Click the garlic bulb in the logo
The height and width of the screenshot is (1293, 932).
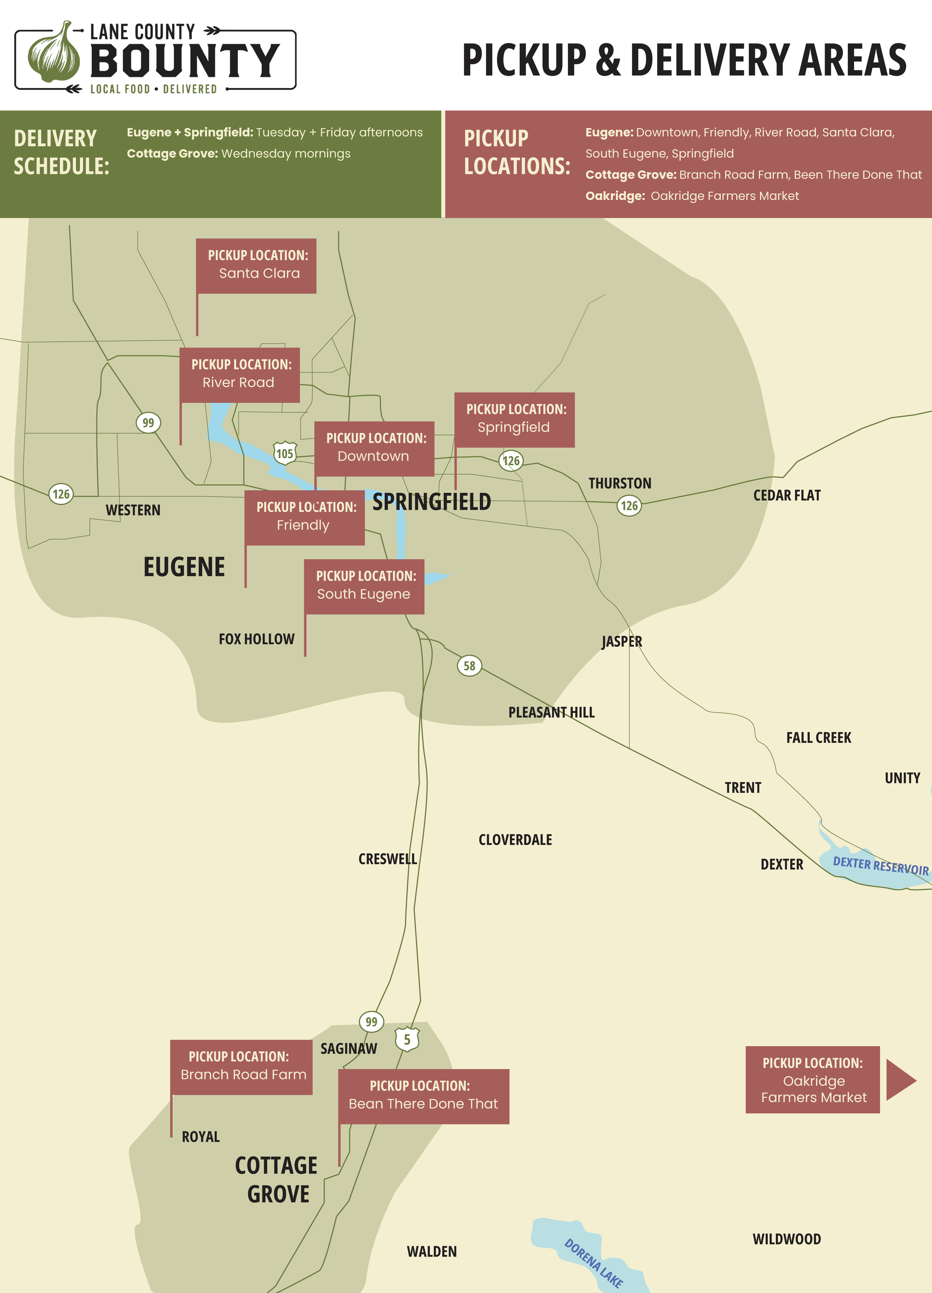(x=54, y=54)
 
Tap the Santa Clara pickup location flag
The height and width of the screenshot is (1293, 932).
(x=256, y=266)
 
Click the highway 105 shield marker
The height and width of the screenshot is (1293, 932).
(x=285, y=453)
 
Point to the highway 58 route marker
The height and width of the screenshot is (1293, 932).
(x=469, y=665)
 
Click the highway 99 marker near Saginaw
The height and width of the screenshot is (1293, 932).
(x=371, y=1022)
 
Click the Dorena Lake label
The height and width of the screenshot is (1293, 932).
(x=593, y=1263)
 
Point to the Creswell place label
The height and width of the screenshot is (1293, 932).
(x=388, y=859)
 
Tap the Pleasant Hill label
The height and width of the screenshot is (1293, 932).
(x=551, y=712)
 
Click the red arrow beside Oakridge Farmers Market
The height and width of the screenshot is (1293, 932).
(x=900, y=1080)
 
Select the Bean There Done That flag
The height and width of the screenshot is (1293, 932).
(x=424, y=1096)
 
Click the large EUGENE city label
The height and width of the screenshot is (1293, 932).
(x=184, y=567)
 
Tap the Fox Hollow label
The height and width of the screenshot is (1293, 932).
(x=256, y=639)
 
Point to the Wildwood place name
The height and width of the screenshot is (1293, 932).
(x=787, y=1239)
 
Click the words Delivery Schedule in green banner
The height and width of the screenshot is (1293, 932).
(x=61, y=152)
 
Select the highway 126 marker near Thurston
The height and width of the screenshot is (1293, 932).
(x=629, y=505)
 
